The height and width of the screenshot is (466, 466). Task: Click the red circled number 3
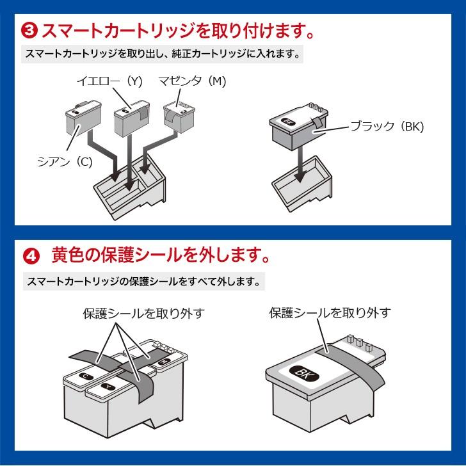pyautogui.click(x=29, y=31)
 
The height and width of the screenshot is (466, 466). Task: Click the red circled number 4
pyautogui.click(x=31, y=256)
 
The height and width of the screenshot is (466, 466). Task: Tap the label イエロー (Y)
pyautogui.click(x=109, y=81)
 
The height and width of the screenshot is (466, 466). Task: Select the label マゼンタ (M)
pyautogui.click(x=192, y=81)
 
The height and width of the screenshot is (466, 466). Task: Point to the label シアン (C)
pyautogui.click(x=65, y=162)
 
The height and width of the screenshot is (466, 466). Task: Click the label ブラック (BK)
pyautogui.click(x=387, y=127)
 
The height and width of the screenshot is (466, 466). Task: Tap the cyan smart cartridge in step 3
pyautogui.click(x=83, y=118)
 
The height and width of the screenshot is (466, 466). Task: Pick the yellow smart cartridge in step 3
pyautogui.click(x=132, y=118)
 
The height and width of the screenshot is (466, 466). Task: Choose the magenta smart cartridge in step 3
pyautogui.click(x=179, y=117)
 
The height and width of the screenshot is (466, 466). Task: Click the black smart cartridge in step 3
pyautogui.click(x=299, y=126)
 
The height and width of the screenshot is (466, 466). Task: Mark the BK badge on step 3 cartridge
pyautogui.click(x=287, y=121)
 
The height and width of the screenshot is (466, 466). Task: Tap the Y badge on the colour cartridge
pyautogui.click(x=108, y=387)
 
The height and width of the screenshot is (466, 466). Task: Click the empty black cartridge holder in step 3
pyautogui.click(x=302, y=184)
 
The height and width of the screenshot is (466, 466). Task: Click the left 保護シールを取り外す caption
pyautogui.click(x=144, y=314)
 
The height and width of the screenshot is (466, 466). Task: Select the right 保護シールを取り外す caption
pyautogui.click(x=330, y=313)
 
